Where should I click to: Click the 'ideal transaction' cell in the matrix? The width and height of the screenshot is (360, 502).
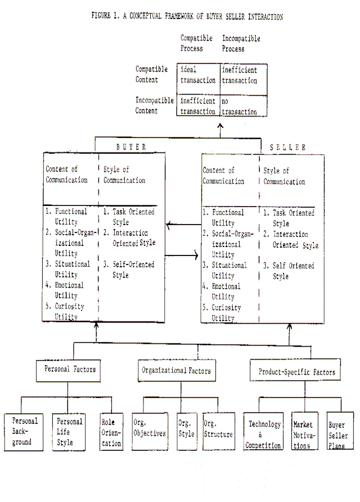[x=199, y=79]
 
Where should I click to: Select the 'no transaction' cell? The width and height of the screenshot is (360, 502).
[x=244, y=106]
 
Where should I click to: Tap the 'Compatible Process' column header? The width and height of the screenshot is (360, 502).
[x=196, y=43]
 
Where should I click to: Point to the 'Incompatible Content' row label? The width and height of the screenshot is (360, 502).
[x=154, y=105]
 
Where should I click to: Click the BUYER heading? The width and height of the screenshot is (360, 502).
[x=131, y=147]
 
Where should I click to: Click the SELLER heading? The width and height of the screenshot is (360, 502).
[x=287, y=147]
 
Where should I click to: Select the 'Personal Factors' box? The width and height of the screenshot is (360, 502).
[x=68, y=370]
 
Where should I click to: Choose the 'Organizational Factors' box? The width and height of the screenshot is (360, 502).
[x=177, y=370]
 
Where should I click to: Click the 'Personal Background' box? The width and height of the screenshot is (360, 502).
[x=24, y=432]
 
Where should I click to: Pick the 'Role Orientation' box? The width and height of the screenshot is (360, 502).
[x=111, y=432]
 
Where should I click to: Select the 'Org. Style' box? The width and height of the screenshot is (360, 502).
[x=187, y=431]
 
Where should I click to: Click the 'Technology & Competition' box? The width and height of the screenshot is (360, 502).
[x=263, y=431]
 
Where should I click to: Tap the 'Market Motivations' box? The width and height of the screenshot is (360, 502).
[x=305, y=431]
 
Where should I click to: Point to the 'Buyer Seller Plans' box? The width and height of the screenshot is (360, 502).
[x=340, y=431]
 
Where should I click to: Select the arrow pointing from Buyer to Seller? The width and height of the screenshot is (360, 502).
[x=182, y=256]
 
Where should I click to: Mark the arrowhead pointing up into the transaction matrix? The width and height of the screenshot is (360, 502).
[x=220, y=126]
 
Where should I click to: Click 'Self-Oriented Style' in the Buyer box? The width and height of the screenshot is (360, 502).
[x=129, y=270]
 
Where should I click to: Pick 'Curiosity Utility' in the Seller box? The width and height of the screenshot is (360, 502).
[x=222, y=313]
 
